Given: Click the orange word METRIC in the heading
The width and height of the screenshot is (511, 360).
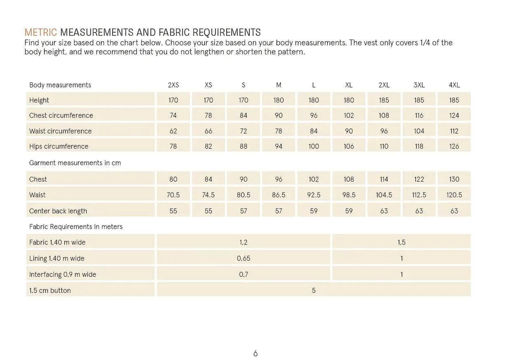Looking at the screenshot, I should pyautogui.click(x=41, y=32).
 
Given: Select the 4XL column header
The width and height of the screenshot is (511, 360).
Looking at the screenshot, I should pyautogui.click(x=454, y=85).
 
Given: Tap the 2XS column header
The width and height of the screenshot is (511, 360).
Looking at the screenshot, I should pyautogui.click(x=173, y=85).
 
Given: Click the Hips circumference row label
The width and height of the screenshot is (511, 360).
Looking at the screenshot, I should pyautogui.click(x=59, y=146).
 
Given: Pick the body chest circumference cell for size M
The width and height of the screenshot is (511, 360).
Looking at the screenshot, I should pyautogui.click(x=279, y=115).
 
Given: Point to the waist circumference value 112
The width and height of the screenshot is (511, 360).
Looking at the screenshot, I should pyautogui.click(x=454, y=131).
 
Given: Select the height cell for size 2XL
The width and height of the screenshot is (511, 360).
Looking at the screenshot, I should pyautogui.click(x=384, y=100).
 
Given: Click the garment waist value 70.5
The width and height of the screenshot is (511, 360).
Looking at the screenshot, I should pyautogui.click(x=173, y=195).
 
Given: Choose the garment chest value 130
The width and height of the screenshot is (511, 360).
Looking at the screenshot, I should pyautogui.click(x=454, y=179).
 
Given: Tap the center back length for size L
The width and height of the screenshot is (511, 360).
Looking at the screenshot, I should pyautogui.click(x=314, y=211).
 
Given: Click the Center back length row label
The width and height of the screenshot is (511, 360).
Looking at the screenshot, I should pyautogui.click(x=58, y=211).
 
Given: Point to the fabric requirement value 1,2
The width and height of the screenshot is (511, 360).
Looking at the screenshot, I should pyautogui.click(x=243, y=242).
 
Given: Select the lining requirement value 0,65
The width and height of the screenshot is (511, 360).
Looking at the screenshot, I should pyautogui.click(x=243, y=258).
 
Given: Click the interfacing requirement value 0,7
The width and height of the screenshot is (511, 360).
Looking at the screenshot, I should pyautogui.click(x=243, y=274).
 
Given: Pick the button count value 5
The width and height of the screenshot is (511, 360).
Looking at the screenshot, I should pyautogui.click(x=313, y=290).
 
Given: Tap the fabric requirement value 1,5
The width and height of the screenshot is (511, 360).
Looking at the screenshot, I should pyautogui.click(x=401, y=242).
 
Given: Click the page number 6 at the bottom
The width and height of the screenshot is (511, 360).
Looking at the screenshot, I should pyautogui.click(x=255, y=353).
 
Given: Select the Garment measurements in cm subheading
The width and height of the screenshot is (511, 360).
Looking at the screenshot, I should pyautogui.click(x=75, y=163).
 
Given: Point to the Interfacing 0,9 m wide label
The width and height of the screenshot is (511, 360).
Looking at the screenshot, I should pyautogui.click(x=62, y=274).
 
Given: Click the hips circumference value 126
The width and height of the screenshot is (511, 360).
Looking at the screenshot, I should pyautogui.click(x=454, y=146).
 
